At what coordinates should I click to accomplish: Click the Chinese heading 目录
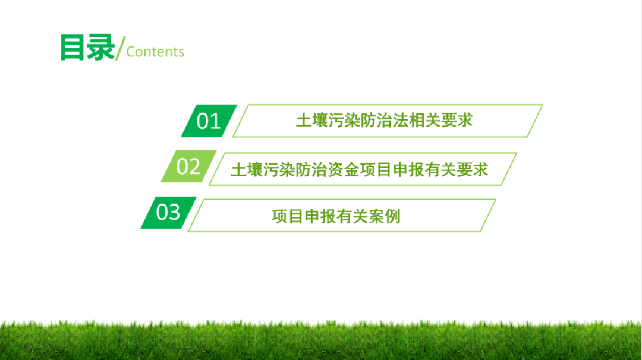click(87, 48)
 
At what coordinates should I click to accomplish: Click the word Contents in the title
click(155, 52)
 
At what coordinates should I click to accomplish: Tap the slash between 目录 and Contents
click(121, 48)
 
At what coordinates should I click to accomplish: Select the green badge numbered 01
click(209, 121)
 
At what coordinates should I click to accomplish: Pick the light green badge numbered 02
click(189, 166)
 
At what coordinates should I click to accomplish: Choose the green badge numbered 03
click(168, 212)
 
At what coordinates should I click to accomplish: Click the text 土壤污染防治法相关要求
click(384, 121)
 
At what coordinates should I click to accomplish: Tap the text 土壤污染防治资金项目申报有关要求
click(360, 170)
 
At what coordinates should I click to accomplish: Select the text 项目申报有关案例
click(336, 216)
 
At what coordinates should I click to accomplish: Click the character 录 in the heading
click(101, 48)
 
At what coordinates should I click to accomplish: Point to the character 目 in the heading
click(74, 48)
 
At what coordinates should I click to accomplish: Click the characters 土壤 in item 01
click(312, 121)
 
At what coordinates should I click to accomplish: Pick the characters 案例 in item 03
click(385, 216)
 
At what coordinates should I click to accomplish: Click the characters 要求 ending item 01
click(457, 121)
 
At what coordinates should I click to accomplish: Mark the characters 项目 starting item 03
click(288, 216)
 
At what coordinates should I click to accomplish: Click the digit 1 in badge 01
click(216, 121)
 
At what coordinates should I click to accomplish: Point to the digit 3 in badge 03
click(175, 212)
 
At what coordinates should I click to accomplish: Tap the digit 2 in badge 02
click(195, 166)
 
